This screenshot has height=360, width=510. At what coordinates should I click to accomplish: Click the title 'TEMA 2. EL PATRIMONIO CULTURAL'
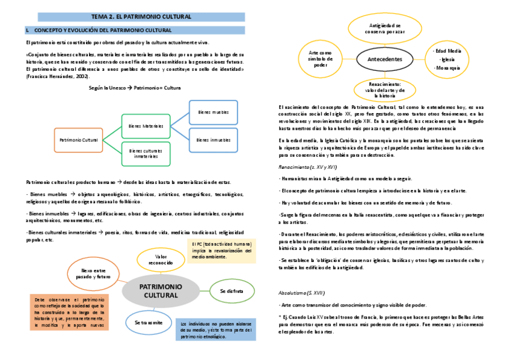click(x=141, y=16)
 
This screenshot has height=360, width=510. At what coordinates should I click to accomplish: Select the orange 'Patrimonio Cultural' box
click(x=78, y=139)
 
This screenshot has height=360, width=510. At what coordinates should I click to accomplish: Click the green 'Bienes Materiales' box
click(x=146, y=126)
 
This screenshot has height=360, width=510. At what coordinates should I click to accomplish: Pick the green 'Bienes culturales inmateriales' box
click(x=146, y=153)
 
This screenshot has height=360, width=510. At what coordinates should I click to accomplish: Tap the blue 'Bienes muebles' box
click(x=213, y=112)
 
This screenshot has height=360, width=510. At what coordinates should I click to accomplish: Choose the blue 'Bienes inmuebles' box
click(x=213, y=140)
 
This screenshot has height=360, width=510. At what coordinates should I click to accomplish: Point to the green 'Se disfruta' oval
click(x=231, y=291)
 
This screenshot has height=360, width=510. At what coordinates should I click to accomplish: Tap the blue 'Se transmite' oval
click(x=149, y=323)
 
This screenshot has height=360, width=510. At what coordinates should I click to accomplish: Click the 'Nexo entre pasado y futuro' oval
click(x=96, y=274)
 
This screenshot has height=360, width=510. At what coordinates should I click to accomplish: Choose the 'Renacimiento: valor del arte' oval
click(x=385, y=90)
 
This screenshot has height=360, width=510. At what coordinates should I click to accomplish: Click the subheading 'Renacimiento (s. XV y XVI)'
click(x=307, y=166)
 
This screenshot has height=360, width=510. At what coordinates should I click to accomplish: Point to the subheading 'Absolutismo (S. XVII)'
click(x=301, y=293)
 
